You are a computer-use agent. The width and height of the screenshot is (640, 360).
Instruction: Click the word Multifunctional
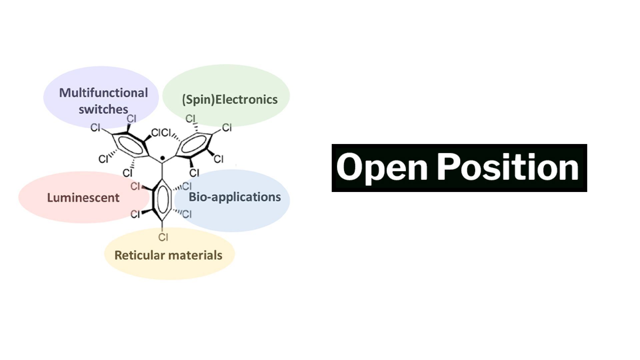[x=103, y=93]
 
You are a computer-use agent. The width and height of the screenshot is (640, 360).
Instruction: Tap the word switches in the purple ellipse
[x=103, y=109]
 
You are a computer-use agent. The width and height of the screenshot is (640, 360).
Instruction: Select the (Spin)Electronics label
[x=230, y=100]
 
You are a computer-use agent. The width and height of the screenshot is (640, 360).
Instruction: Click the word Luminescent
[x=83, y=198]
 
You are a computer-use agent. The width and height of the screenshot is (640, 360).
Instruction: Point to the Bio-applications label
[x=235, y=197]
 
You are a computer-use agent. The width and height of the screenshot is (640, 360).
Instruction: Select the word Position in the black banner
[x=508, y=167]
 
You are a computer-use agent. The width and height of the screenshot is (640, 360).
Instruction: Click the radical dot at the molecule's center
[x=162, y=158]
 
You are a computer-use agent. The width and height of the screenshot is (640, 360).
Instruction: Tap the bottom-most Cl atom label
[x=163, y=237]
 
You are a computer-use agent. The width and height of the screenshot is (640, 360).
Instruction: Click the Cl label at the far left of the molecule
[x=95, y=127]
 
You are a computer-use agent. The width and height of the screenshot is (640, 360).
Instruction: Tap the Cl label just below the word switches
[x=131, y=119]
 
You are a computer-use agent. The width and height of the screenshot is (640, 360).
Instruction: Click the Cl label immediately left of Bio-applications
[x=187, y=186]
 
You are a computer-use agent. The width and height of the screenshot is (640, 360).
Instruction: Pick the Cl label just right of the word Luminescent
[x=135, y=186]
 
